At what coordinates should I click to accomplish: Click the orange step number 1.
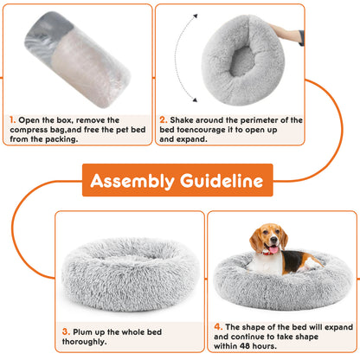click(11, 120)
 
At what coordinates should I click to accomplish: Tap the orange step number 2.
click(163, 120)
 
